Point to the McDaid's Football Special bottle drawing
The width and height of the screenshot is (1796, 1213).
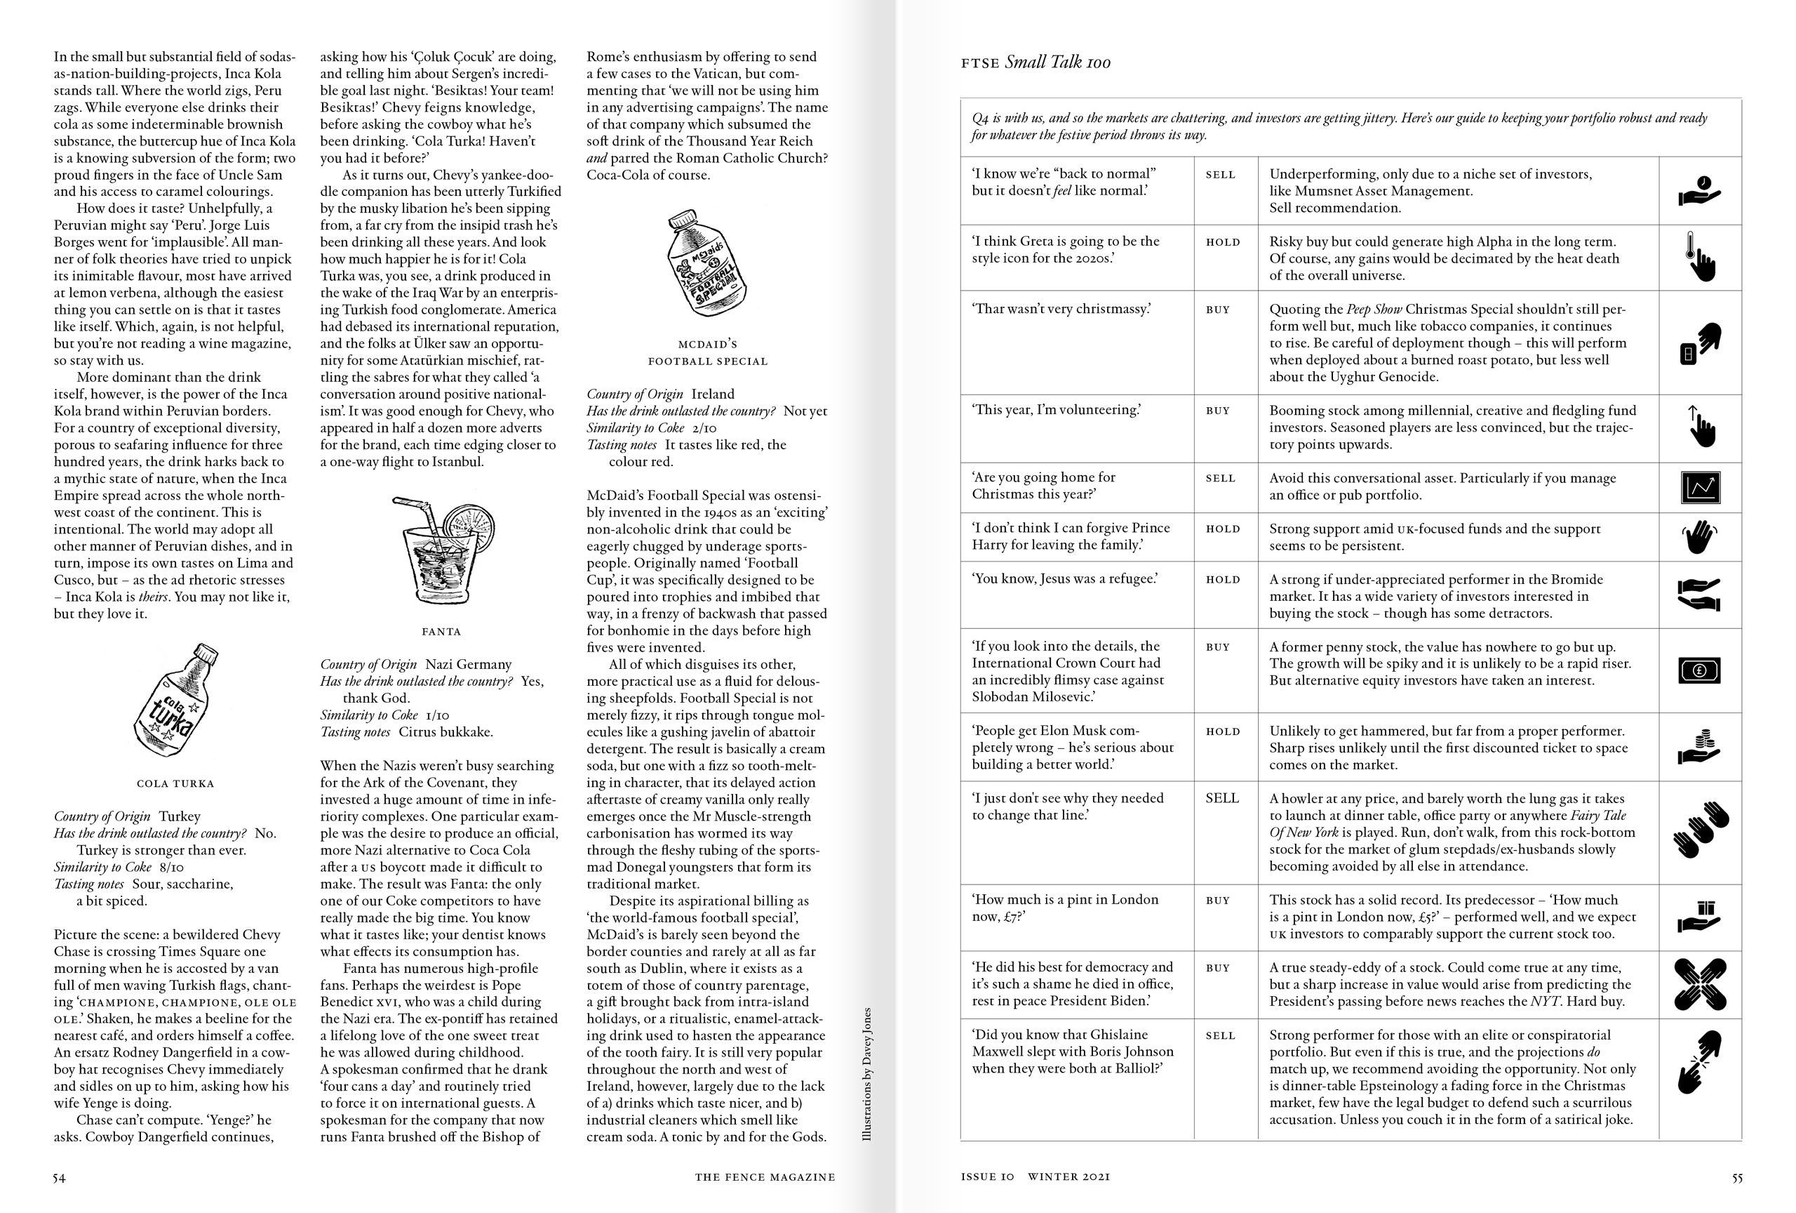click(x=706, y=264)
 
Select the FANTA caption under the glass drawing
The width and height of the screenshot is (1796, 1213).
click(x=441, y=632)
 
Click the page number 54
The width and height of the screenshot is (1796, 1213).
click(x=59, y=1177)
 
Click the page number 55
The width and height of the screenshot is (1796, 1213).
click(x=1736, y=1177)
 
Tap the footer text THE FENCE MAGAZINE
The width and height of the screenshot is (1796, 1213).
click(x=764, y=1177)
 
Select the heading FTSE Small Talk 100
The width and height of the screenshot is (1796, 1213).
click(x=1036, y=62)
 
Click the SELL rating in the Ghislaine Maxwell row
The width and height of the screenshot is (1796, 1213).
click(x=1220, y=1036)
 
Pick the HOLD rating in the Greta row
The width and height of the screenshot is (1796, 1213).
click(x=1223, y=242)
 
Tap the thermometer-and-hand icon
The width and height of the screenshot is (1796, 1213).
click(x=1700, y=258)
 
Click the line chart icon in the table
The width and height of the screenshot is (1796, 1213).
click(x=1700, y=487)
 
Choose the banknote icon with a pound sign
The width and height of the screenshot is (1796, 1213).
click(x=1700, y=670)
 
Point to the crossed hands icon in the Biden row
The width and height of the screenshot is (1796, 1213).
click(x=1700, y=984)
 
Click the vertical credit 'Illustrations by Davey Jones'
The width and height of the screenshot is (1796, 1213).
click(x=867, y=1074)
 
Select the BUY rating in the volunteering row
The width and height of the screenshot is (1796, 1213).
click(x=1218, y=411)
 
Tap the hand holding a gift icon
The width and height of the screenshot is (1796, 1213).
click(x=1700, y=917)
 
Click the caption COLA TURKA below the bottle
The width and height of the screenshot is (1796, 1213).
click(x=175, y=783)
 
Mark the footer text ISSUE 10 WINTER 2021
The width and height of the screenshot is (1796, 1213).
click(x=1035, y=1177)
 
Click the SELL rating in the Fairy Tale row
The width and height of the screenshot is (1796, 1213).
click(x=1222, y=799)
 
